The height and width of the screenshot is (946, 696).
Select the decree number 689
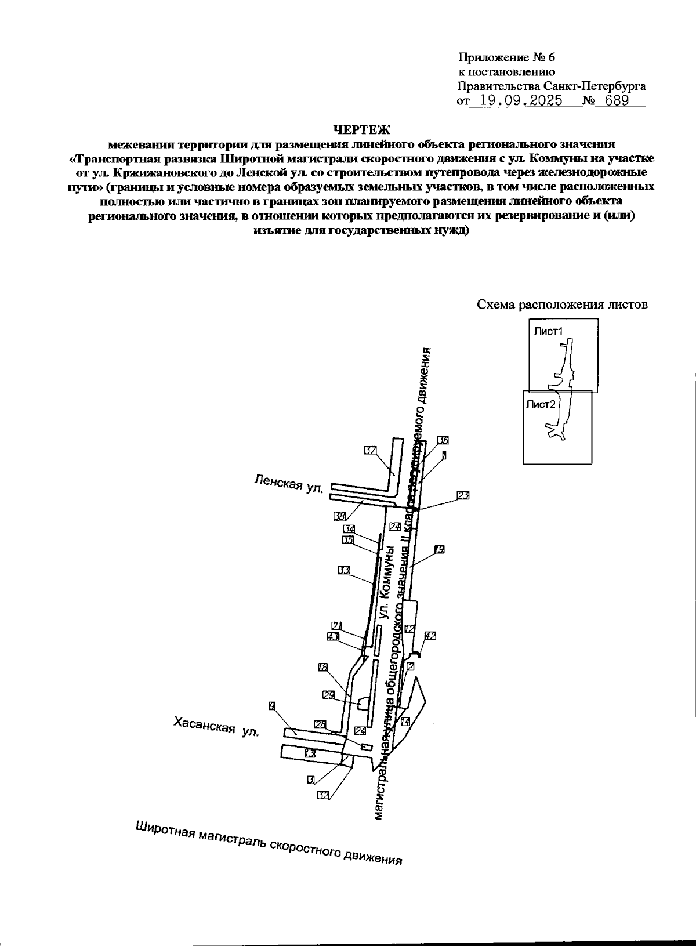click(x=617, y=100)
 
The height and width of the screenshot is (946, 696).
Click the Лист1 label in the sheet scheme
click(x=549, y=332)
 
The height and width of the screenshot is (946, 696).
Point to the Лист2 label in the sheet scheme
click(x=541, y=405)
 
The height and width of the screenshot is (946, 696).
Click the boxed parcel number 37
click(x=371, y=450)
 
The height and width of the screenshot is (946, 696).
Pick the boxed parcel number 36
click(x=443, y=439)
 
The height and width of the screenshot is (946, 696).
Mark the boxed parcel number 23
click(x=463, y=495)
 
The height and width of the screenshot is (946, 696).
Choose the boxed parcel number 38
click(x=339, y=515)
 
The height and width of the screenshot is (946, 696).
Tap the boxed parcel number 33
click(x=344, y=570)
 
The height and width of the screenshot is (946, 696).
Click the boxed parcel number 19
click(x=439, y=549)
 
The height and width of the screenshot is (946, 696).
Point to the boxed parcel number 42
click(x=430, y=636)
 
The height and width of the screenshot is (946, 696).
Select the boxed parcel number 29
click(x=328, y=695)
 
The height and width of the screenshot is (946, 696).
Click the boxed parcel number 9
click(x=271, y=705)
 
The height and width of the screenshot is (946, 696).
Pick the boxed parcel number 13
click(x=310, y=753)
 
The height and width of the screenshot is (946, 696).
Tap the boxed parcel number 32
click(x=324, y=795)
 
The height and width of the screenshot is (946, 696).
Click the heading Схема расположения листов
click(x=561, y=305)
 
